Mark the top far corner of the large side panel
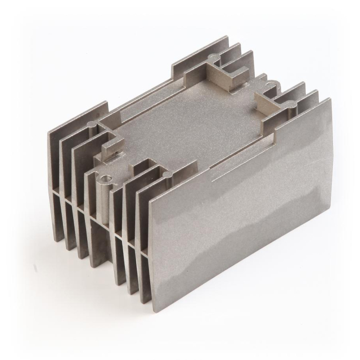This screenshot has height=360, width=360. pyautogui.click(x=329, y=100)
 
